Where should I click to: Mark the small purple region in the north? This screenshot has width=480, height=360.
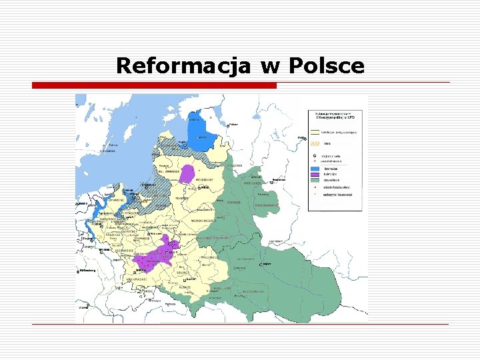coord(187,173)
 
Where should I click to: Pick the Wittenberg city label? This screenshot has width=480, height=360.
coord(87,271)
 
